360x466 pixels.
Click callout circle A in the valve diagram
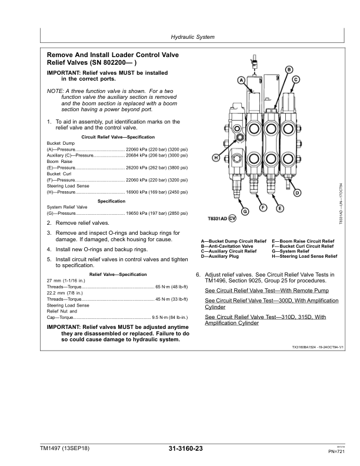(241, 80)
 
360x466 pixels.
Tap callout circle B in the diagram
(289, 69)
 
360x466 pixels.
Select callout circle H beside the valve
(216, 158)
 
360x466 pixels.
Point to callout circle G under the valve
(245, 211)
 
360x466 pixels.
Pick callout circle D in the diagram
(298, 192)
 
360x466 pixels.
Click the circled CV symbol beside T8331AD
(232, 219)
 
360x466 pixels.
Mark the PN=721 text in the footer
(336, 451)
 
